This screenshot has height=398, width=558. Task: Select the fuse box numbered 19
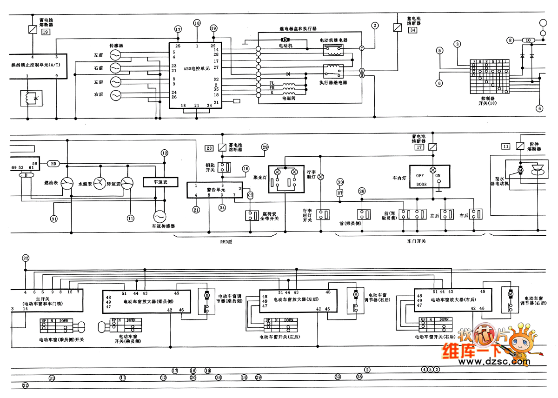tap(45, 32)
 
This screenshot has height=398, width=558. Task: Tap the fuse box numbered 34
tap(412, 30)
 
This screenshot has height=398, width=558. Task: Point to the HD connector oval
tap(53, 164)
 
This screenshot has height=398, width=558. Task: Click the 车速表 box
tap(160, 182)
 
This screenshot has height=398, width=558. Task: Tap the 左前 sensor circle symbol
tap(115, 55)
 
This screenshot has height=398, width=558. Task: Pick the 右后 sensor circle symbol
tap(115, 95)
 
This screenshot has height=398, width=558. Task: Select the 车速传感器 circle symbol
tap(159, 216)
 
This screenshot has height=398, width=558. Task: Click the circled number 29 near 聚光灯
tap(265, 147)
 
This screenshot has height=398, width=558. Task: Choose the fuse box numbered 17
tap(419, 147)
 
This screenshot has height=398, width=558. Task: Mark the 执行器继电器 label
tap(333, 82)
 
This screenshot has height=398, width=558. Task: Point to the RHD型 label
tap(226, 242)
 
